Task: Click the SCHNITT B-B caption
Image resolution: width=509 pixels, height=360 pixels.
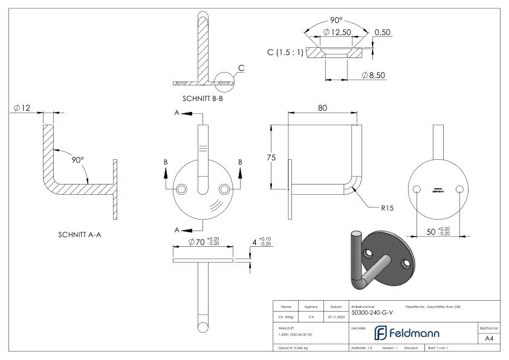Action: coord(203,99)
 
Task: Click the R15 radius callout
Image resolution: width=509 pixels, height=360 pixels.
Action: coord(387,208)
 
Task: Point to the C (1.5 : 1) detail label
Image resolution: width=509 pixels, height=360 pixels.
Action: coord(285,53)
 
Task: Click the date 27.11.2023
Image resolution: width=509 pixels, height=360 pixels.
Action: coord(335,315)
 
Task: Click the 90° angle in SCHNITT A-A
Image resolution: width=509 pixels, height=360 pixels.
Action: coord(77,160)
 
